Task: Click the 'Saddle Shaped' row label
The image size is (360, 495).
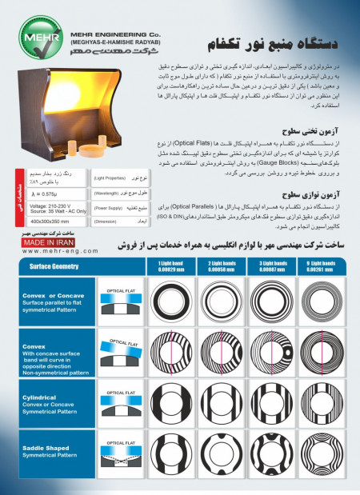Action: (36, 448)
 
